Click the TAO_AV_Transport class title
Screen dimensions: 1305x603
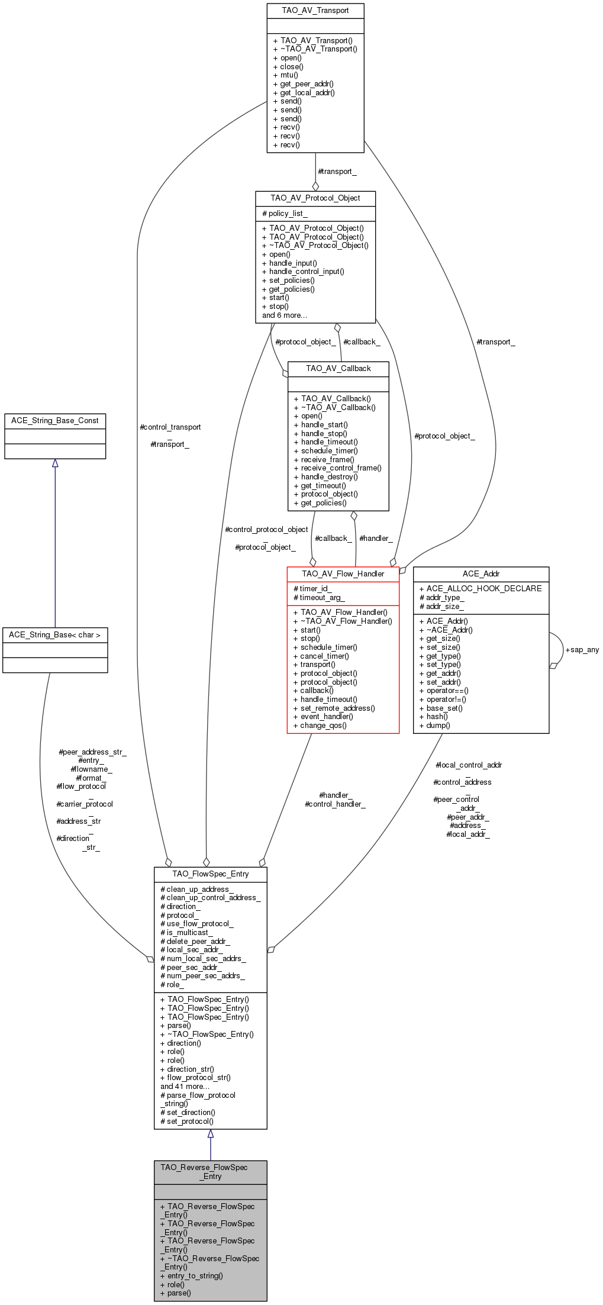(315, 11)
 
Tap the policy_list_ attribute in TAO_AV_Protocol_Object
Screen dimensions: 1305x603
(288, 213)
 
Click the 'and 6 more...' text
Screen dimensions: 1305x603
(285, 315)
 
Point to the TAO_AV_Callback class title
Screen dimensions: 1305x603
(338, 368)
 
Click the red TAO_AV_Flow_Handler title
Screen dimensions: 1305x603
(343, 573)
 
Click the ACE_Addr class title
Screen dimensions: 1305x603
(481, 573)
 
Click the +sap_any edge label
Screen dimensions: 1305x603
(582, 649)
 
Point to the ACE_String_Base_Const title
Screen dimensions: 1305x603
(55, 420)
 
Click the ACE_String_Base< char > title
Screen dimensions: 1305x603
(55, 634)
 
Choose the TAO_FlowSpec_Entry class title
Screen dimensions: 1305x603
(210, 874)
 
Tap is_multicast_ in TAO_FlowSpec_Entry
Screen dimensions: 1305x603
(189, 932)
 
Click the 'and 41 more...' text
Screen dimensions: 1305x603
(185, 1086)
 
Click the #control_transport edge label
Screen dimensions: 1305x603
(170, 427)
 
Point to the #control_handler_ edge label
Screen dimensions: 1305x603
(334, 804)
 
